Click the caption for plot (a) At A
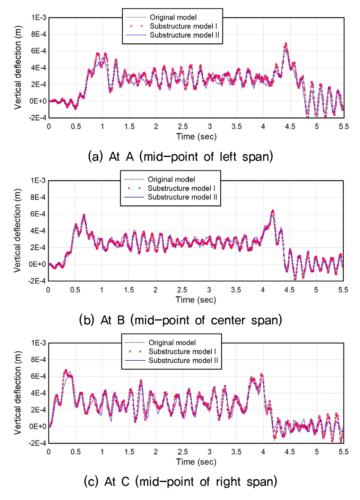[x=181, y=157]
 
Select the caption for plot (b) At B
[x=181, y=320]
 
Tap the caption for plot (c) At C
[x=181, y=482]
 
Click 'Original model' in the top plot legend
[x=173, y=17]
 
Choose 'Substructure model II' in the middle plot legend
[x=182, y=197]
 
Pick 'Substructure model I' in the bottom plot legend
[x=182, y=351]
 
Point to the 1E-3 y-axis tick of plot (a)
[x=38, y=18]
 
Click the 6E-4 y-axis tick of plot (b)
[x=38, y=214]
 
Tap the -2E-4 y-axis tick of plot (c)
[x=37, y=443]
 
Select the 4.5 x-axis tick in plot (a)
[x=290, y=126]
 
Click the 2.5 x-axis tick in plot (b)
[x=182, y=290]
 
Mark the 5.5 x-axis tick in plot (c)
[x=343, y=452]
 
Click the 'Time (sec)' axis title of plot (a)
[x=196, y=137]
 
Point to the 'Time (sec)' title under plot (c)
[x=196, y=462]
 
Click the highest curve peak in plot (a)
[x=286, y=44]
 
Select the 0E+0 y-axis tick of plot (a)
[x=38, y=101]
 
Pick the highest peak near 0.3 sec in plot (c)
[x=66, y=370]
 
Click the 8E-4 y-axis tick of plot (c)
[x=38, y=360]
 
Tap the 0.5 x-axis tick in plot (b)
[x=75, y=290]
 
